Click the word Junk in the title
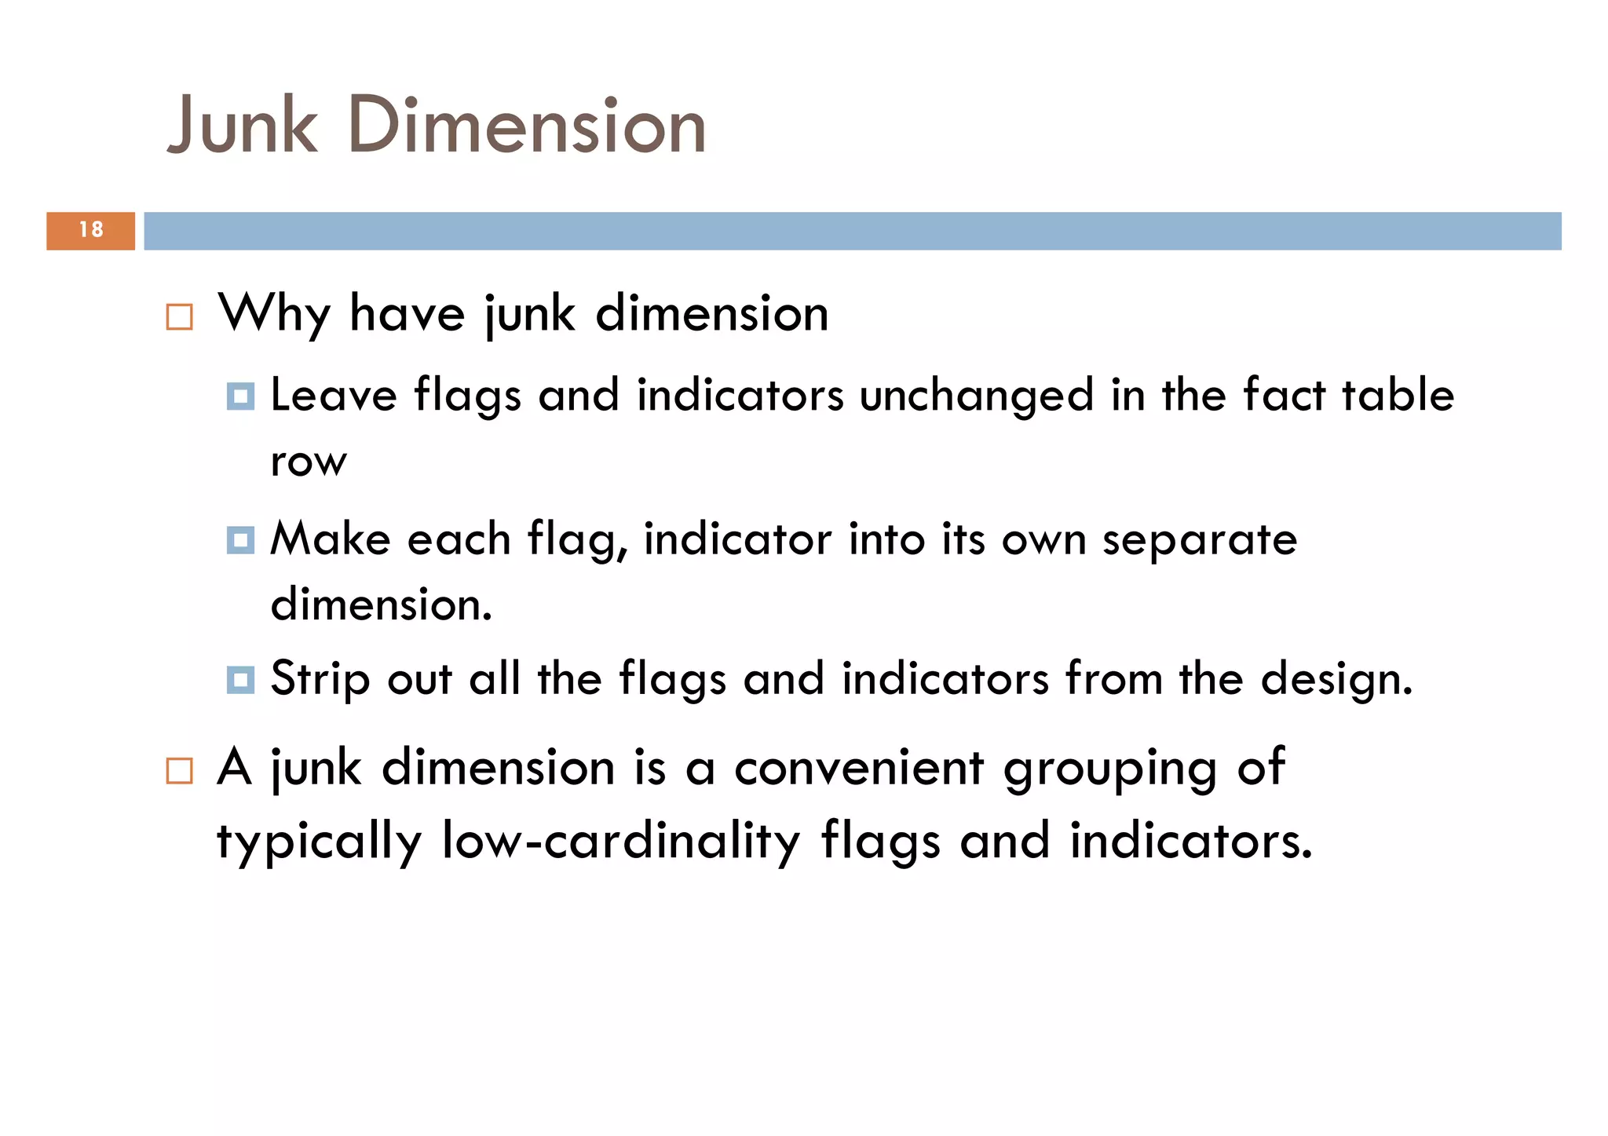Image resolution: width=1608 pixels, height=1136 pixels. tap(243, 126)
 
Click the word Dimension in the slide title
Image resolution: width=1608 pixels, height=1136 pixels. tap(527, 126)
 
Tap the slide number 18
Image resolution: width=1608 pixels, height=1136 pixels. tap(91, 230)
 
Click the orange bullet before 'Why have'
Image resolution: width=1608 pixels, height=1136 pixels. tap(180, 317)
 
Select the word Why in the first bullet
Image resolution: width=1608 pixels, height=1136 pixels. tap(274, 314)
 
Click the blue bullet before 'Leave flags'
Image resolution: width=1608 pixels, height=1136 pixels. tap(240, 396)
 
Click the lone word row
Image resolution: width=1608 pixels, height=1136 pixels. tap(308, 462)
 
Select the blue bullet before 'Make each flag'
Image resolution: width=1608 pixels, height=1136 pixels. tap(240, 540)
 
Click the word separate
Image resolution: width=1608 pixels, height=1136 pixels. tap(1199, 540)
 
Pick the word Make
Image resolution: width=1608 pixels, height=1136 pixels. tap(331, 539)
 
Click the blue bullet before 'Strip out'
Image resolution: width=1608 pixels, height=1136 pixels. tap(240, 680)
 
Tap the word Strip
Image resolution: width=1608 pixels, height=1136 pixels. tap(320, 679)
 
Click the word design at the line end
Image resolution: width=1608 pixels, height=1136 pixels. tap(1336, 679)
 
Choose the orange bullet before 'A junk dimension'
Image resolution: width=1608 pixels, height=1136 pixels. tap(180, 771)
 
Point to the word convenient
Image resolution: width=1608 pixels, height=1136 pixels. tap(859, 768)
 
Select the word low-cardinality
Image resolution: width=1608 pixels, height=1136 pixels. tap(621, 841)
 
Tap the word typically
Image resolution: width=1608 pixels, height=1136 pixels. tap(319, 842)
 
